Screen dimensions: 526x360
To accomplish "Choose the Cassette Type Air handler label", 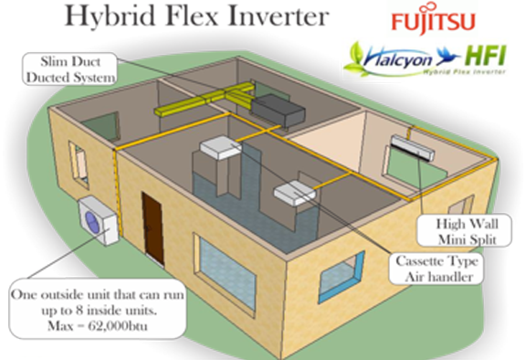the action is tap(435, 267).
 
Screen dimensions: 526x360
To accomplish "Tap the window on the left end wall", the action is tap(78, 162).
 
